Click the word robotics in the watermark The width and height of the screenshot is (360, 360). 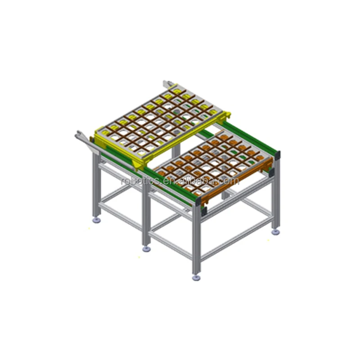click(x=140, y=181)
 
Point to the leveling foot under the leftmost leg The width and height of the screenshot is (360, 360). click(x=97, y=220)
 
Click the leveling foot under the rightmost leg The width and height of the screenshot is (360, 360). click(x=275, y=232)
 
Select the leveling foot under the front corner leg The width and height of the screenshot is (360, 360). click(x=196, y=278)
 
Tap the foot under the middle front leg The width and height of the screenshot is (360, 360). click(x=147, y=249)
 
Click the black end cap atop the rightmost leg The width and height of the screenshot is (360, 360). click(x=278, y=155)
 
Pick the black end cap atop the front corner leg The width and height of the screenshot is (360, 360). click(x=198, y=202)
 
